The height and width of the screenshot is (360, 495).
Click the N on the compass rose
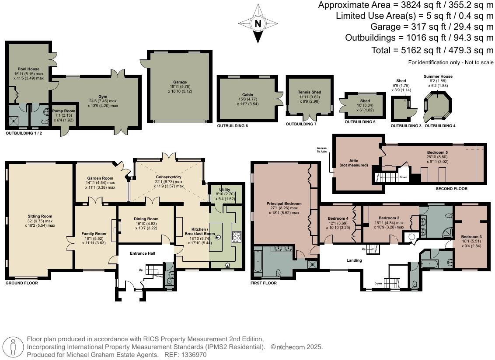click(x=258, y=23)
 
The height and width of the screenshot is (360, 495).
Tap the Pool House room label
click(x=29, y=69)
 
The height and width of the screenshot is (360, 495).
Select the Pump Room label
click(x=64, y=111)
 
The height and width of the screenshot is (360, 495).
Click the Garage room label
click(x=180, y=82)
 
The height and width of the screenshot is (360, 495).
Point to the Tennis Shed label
click(x=310, y=92)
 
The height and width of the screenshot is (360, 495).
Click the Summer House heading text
click(x=438, y=76)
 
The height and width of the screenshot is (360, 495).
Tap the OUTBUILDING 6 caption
click(x=232, y=126)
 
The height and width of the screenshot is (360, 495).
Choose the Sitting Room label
click(x=40, y=216)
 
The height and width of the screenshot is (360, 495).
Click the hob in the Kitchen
click(x=237, y=236)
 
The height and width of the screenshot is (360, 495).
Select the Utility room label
click(x=225, y=190)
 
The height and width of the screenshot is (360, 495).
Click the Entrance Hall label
click(x=143, y=253)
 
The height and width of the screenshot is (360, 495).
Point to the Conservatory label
click(x=168, y=177)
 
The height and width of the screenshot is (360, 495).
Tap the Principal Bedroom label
click(x=284, y=204)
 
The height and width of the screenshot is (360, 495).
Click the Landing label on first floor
click(x=354, y=260)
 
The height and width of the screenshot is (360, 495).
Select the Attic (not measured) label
click(x=354, y=163)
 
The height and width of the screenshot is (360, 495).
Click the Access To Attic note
click(x=322, y=150)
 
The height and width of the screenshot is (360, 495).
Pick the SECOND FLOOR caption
click(x=451, y=189)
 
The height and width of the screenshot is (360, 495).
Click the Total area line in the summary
click(x=432, y=50)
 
